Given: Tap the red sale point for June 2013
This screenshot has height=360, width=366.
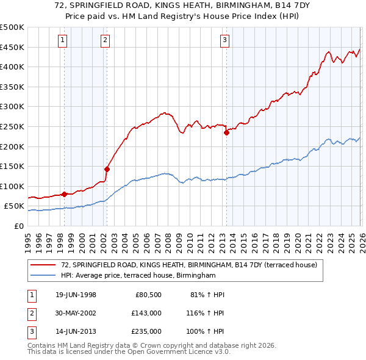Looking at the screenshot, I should [x=226, y=132].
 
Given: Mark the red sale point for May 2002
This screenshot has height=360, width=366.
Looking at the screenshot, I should [x=107, y=169].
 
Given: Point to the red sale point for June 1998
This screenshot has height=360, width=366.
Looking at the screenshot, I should [x=65, y=194].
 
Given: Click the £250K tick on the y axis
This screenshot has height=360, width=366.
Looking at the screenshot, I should [x=12, y=126].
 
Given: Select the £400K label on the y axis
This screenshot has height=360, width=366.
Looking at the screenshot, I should [x=12, y=67].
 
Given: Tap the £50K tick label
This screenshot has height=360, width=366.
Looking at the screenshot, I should [x=14, y=206].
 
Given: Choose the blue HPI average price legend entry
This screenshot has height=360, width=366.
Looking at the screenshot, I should [x=138, y=276].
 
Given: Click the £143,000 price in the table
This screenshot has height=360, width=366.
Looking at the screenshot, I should [x=147, y=313].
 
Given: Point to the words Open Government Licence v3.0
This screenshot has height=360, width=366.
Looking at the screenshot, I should [x=182, y=352].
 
